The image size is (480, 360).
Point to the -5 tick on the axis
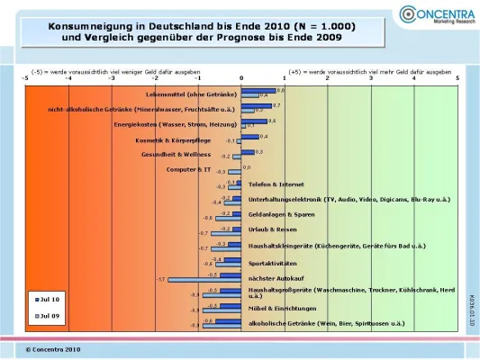pos(25,78)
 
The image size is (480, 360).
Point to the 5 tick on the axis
pos(457,78)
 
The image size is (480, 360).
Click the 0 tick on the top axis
pos(241,78)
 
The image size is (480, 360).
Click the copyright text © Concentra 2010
pos(53,347)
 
